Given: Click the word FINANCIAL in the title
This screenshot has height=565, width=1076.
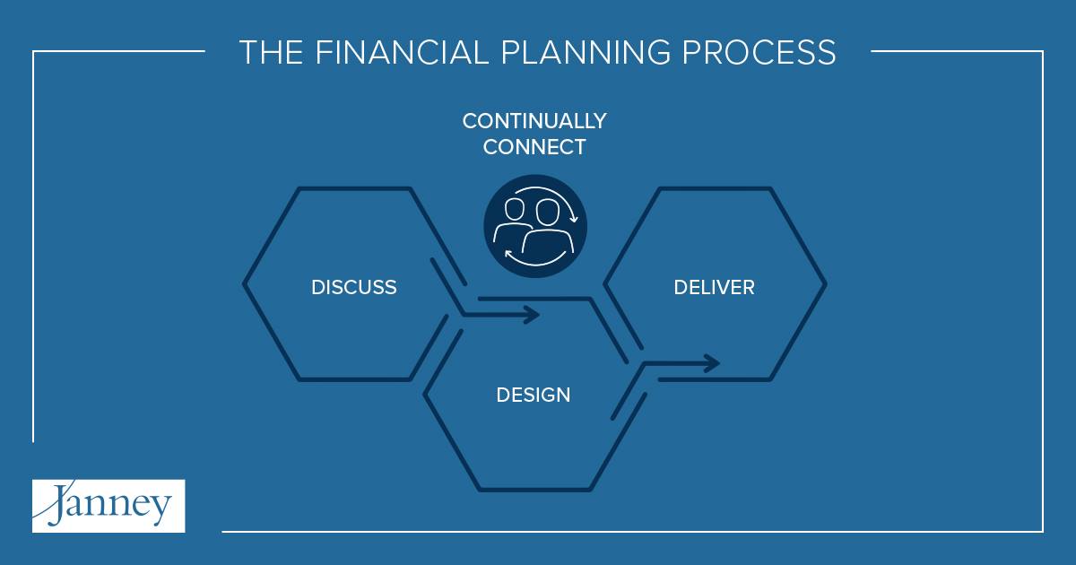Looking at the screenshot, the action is [402, 52].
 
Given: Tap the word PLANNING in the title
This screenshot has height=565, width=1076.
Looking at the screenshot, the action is [586, 52].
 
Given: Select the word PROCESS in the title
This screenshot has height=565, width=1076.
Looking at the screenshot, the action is [759, 52].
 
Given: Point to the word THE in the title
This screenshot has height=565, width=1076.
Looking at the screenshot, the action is [271, 52].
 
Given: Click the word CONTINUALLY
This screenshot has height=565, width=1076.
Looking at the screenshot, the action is [534, 121].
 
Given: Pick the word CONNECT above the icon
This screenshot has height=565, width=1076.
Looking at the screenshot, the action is [534, 147].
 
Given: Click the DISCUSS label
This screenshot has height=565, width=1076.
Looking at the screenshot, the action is [354, 287].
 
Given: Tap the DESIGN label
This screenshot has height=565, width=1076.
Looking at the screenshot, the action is [534, 395].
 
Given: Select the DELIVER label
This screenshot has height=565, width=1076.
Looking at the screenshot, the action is [715, 287].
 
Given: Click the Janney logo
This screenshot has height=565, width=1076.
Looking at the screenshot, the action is [108, 506].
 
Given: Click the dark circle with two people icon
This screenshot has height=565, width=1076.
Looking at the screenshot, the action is [535, 226].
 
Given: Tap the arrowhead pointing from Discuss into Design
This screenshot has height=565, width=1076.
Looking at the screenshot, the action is [532, 315].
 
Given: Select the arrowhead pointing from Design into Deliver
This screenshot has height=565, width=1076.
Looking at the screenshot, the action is [711, 363].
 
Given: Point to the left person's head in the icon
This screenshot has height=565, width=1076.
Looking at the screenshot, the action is [515, 210].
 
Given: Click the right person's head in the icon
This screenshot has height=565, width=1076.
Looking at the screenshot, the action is [548, 212].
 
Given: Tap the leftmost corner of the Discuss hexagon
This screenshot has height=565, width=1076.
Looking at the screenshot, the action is [244, 284].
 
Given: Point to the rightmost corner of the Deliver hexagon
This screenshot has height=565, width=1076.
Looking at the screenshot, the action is [825, 284].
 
